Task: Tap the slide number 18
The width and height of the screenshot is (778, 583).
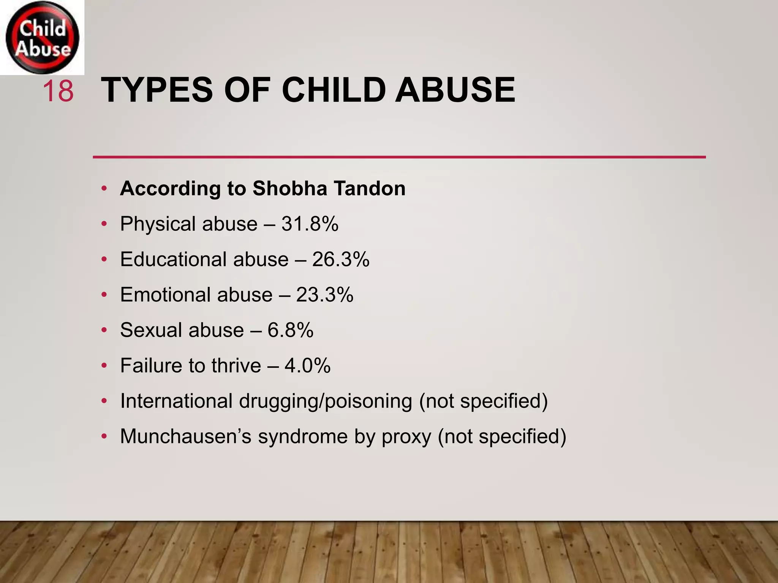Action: [58, 91]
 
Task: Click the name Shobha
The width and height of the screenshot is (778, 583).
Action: [289, 188]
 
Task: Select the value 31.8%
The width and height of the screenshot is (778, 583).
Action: [310, 224]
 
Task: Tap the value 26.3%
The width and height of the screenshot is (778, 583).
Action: [341, 260]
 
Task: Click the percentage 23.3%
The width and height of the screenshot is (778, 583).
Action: [325, 295]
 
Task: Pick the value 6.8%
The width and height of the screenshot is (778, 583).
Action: [290, 330]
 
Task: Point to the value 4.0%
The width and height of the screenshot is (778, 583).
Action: [307, 366]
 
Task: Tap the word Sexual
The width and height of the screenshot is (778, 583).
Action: [151, 330]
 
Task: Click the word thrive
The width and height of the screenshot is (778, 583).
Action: [236, 366]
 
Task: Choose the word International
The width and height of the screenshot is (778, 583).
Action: [176, 401]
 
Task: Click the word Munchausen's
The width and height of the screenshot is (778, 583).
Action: [186, 436]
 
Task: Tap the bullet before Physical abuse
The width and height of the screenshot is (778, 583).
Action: [104, 224]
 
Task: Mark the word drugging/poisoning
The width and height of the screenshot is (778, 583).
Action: [326, 402]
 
